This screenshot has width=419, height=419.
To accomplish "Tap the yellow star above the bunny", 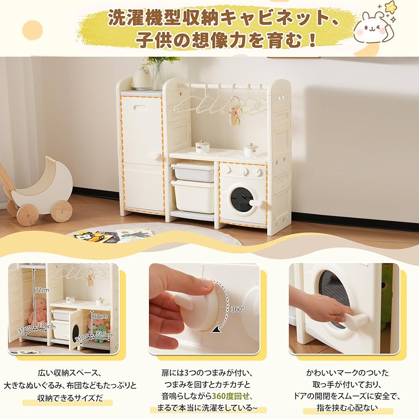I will coord(390,7).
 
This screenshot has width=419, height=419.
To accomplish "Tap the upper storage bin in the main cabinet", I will coord(193,172).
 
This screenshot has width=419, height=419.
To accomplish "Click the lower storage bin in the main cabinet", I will coord(193,196).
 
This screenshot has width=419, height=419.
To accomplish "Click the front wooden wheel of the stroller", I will coord(61,211).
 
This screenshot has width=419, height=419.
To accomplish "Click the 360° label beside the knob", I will coord(237,309).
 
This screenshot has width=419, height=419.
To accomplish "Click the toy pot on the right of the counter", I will coord(251,150).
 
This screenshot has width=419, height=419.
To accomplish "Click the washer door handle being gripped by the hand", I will coord(358,321).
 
